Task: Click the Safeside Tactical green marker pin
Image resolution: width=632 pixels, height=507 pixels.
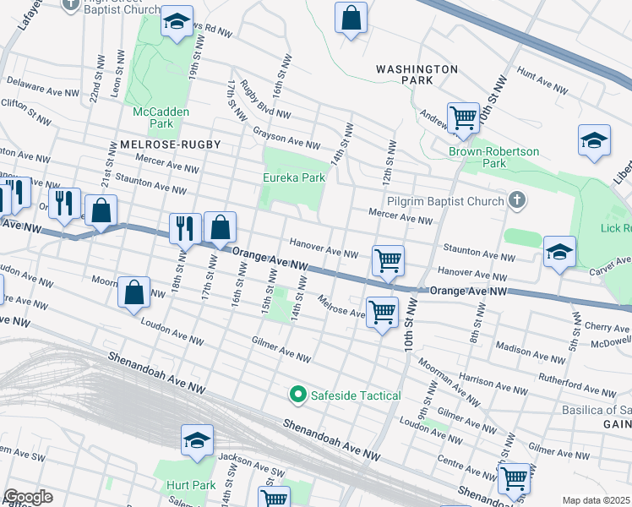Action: tap(297, 395)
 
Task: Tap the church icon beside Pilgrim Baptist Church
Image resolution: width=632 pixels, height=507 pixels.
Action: tap(517, 200)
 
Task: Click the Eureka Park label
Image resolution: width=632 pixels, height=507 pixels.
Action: tap(293, 178)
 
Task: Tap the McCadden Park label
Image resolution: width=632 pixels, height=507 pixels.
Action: tap(161, 117)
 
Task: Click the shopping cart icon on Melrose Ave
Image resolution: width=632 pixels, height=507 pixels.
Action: tap(382, 311)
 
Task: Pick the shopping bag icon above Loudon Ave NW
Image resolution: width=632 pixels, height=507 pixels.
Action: tap(134, 293)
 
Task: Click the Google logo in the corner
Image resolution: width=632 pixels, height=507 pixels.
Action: tap(28, 497)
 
